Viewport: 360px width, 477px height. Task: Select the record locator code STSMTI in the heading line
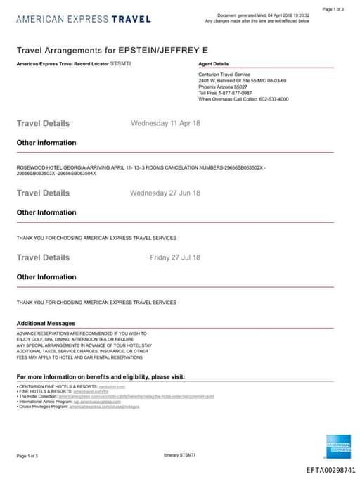click(121, 64)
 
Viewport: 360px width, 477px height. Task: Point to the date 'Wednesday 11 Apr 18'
click(165, 123)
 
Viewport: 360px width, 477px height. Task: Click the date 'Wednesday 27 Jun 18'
click(165, 193)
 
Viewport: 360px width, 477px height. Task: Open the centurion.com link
click(112, 386)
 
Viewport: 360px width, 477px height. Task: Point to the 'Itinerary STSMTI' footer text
click(180, 456)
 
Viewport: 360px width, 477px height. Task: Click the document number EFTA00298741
click(331, 469)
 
